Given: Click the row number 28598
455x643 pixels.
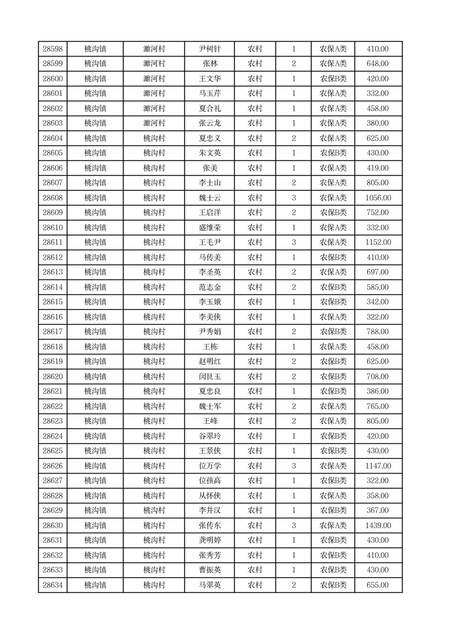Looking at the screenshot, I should pos(53,49).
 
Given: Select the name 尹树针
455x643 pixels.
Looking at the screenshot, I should pos(210,49).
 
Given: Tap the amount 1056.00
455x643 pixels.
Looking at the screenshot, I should pos(378,198).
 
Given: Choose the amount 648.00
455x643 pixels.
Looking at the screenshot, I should pos(378,64).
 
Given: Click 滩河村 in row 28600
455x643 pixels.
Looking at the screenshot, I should pos(154,79).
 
